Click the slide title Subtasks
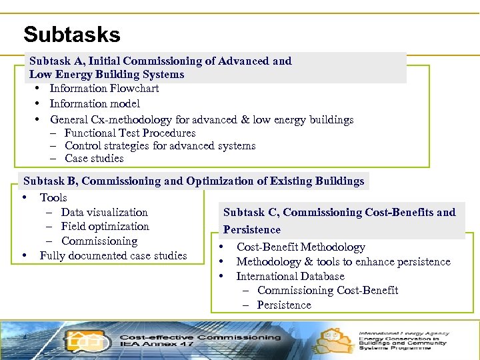(x=71, y=34)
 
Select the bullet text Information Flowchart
(x=104, y=89)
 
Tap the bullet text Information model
(x=95, y=104)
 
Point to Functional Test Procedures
(x=129, y=133)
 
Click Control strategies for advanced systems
(x=160, y=146)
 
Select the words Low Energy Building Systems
(x=106, y=75)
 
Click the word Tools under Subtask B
(x=53, y=198)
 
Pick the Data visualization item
(x=104, y=213)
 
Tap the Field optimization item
(x=105, y=227)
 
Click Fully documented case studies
(x=113, y=256)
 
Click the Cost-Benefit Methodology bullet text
(x=301, y=247)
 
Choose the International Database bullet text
(x=290, y=277)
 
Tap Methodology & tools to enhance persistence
(x=343, y=262)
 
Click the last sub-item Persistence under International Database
(x=284, y=305)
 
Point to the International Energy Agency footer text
(x=404, y=333)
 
